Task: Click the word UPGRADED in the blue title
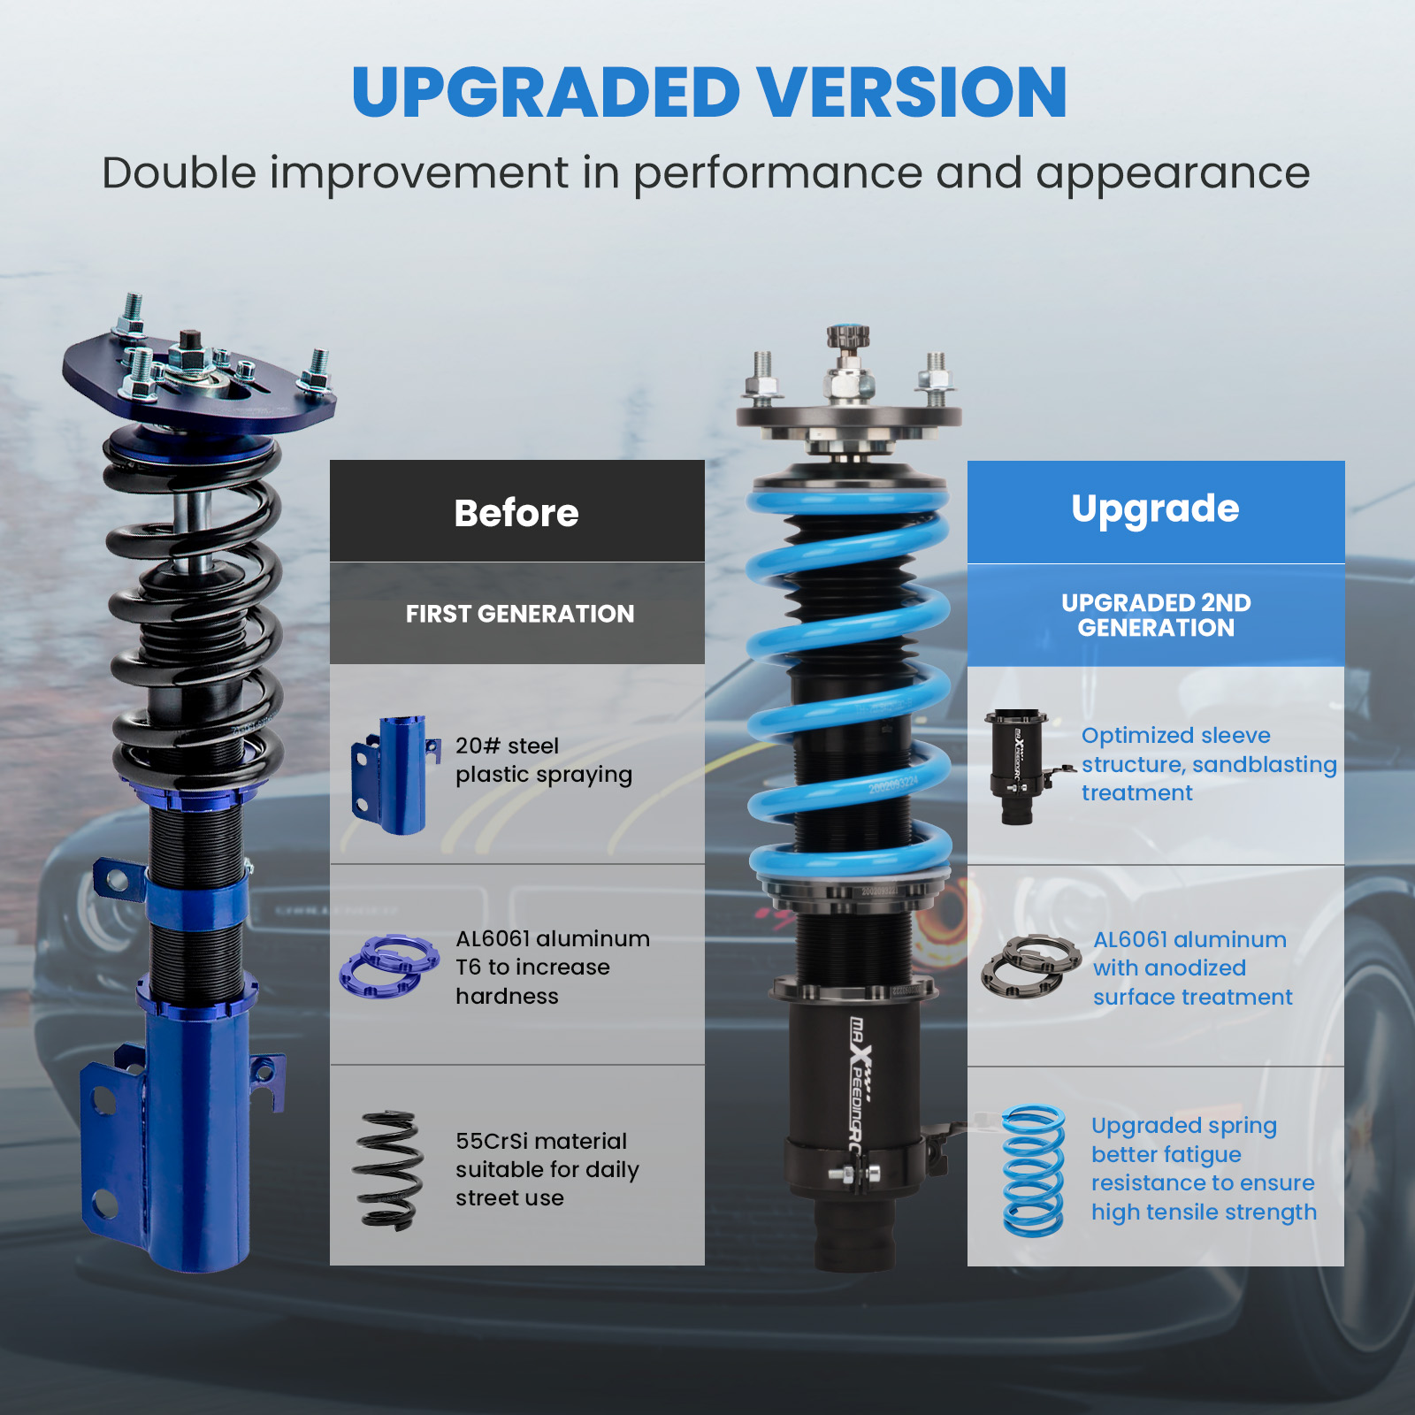coord(546,92)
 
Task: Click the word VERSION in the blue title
coord(912,92)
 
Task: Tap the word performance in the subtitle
coord(777,173)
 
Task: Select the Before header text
coord(516,513)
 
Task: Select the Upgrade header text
coord(1155,509)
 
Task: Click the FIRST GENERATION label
coord(520,614)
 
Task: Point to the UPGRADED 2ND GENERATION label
coord(1156,616)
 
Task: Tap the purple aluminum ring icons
coord(389,966)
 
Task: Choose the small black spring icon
coord(387,1170)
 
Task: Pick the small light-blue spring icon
coord(1033,1170)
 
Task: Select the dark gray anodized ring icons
coord(1031,967)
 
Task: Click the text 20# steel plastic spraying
coord(544,761)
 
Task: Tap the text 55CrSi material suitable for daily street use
coord(547,1169)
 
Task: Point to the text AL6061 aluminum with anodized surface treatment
coord(1192,968)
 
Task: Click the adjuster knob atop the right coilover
coord(848,337)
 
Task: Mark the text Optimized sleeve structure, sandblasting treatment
coord(1209,764)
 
